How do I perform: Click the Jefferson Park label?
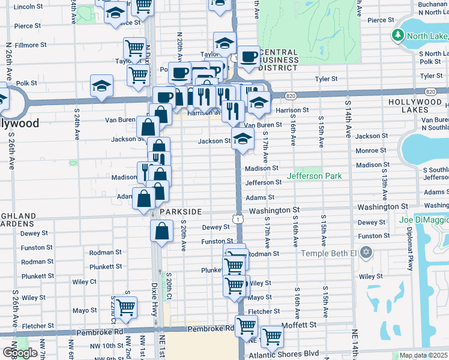(x=314, y=176)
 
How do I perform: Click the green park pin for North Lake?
(x=397, y=36)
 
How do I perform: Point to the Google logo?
(x=20, y=353)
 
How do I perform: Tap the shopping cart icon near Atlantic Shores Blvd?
(x=271, y=337)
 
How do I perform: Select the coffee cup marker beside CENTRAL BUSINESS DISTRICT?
(x=248, y=57)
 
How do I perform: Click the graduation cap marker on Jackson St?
(x=243, y=139)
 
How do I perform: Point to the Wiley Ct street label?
(x=84, y=281)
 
